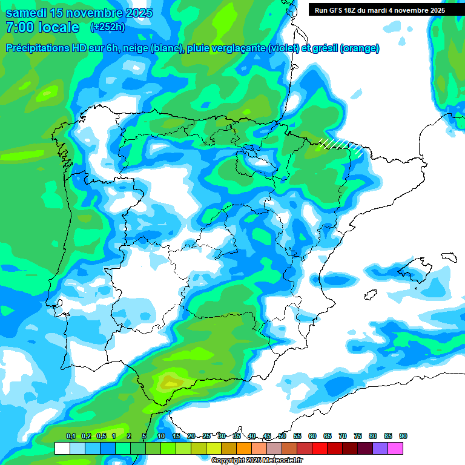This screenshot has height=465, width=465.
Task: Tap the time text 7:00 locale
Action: [x=42, y=27]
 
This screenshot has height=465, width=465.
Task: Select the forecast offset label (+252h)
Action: [x=107, y=27]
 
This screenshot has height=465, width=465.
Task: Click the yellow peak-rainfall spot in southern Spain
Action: [x=167, y=382]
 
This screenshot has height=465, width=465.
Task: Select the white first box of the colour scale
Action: [x=62, y=448]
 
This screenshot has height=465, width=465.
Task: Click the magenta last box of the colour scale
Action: [x=395, y=448]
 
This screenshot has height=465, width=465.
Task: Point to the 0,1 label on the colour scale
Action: [x=71, y=436]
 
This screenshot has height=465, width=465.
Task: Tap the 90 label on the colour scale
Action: [x=403, y=436]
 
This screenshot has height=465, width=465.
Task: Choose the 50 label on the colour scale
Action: [x=282, y=436]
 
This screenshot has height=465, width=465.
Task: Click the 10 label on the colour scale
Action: [x=161, y=436]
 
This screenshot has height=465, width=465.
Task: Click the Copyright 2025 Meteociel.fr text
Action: [x=257, y=460]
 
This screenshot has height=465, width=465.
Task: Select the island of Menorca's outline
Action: [x=449, y=256]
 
